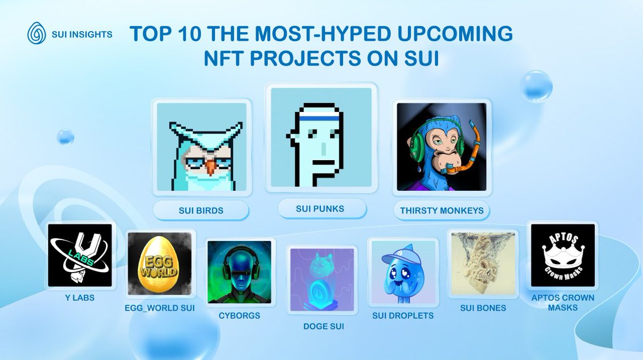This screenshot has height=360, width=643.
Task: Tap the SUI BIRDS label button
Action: point(201,211)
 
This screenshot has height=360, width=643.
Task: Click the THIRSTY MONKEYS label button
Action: point(442,211)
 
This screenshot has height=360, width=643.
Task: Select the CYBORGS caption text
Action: point(239,316)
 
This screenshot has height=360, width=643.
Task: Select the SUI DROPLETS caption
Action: point(403,316)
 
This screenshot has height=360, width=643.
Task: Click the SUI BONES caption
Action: point(483,308)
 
